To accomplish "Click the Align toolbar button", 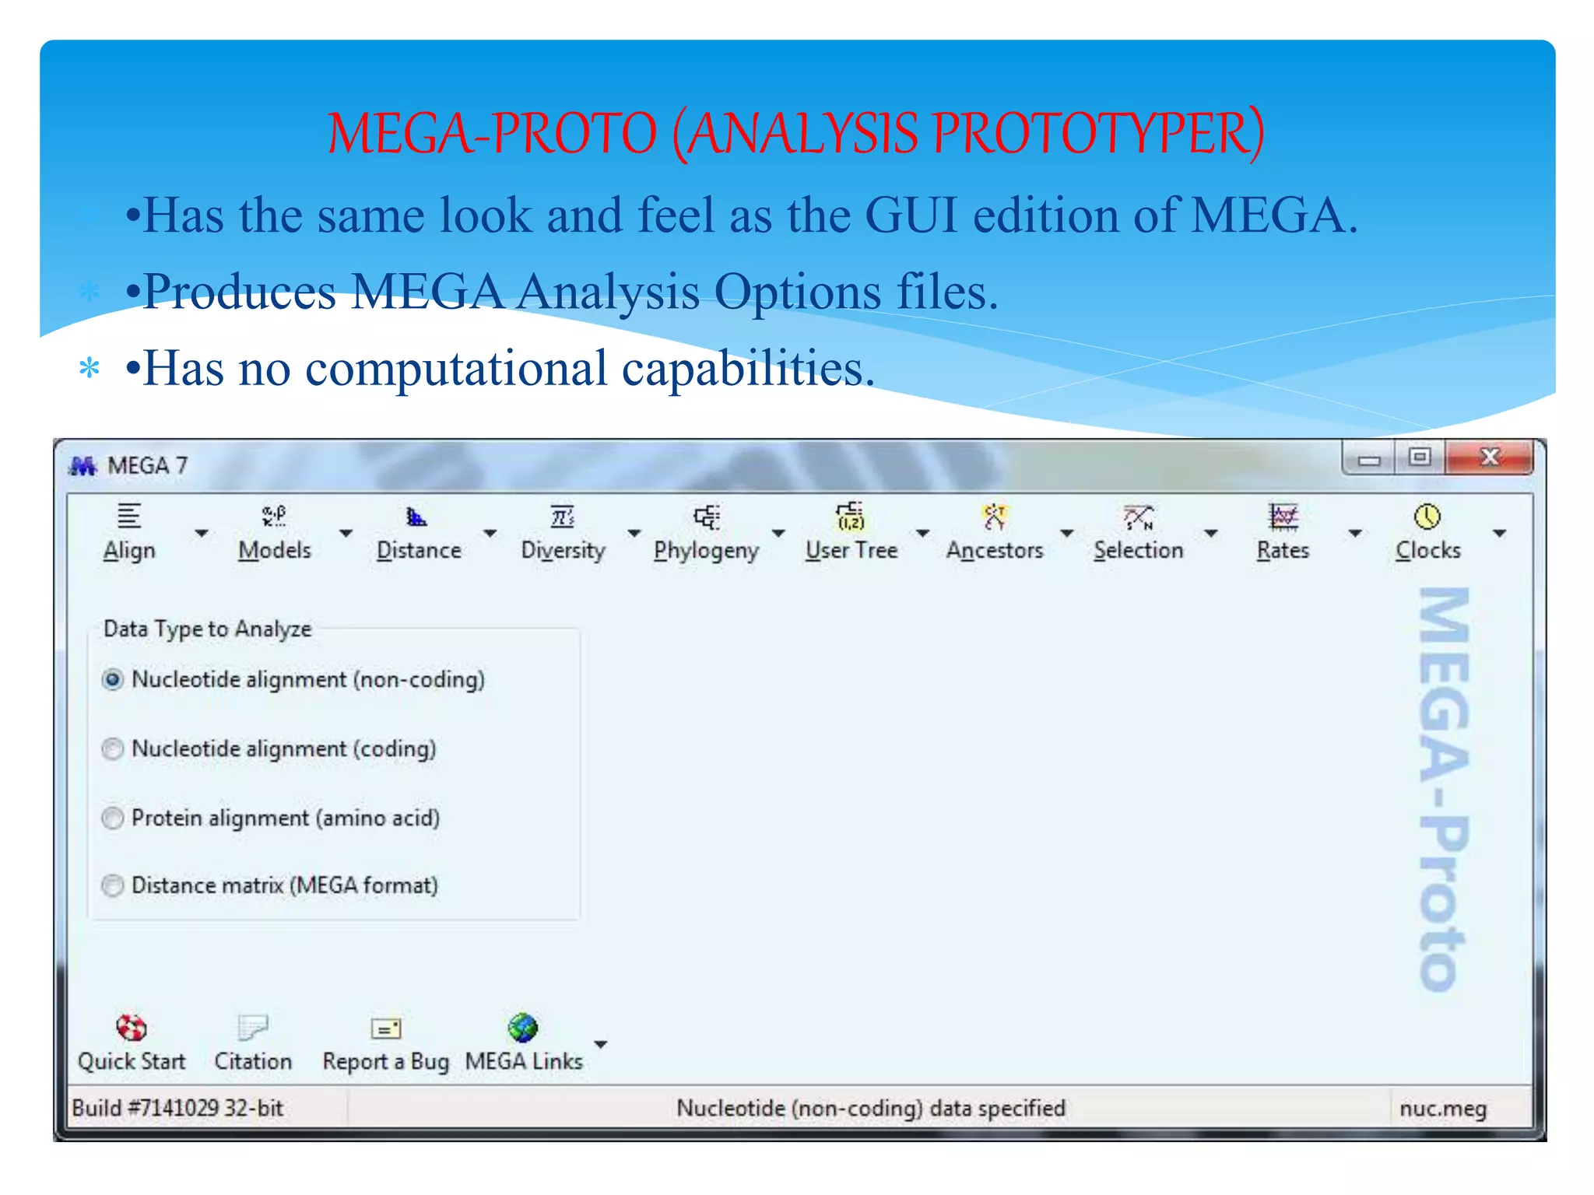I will pyautogui.click(x=129, y=532).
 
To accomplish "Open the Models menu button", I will pyautogui.click(x=274, y=532).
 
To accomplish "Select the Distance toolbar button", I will pyautogui.click(x=419, y=532).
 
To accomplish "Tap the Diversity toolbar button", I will pyautogui.click(x=563, y=532).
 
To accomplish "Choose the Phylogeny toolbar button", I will pyautogui.click(x=706, y=532).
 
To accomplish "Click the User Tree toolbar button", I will pyautogui.click(x=851, y=532).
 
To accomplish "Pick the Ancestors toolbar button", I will pyautogui.click(x=995, y=532).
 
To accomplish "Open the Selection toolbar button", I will pyautogui.click(x=1138, y=532).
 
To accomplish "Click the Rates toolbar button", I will pyautogui.click(x=1283, y=532).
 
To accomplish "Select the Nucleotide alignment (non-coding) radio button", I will pyautogui.click(x=114, y=680).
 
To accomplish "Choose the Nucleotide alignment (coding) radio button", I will pyautogui.click(x=114, y=749).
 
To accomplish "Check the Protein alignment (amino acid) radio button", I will pyautogui.click(x=114, y=818).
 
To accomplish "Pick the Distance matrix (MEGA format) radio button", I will pyautogui.click(x=114, y=886).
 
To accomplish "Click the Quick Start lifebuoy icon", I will pyautogui.click(x=132, y=1028).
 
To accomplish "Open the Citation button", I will pyautogui.click(x=253, y=1043).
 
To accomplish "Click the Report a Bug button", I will pyautogui.click(x=386, y=1043).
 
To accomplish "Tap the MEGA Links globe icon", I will pyautogui.click(x=523, y=1028).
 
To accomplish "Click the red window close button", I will pyautogui.click(x=1489, y=457).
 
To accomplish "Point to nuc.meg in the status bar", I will pyautogui.click(x=1443, y=1109).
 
